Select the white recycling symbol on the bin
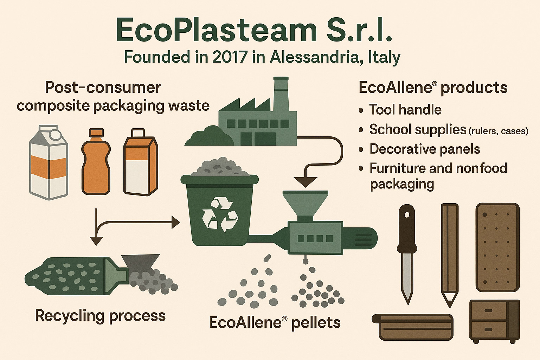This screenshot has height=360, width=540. coord(220,214)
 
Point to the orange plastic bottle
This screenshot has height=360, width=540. coord(96,162)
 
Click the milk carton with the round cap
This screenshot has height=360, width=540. coord(49,162)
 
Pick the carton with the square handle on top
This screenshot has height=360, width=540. coord(141,162)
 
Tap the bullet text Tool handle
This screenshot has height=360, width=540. coord(405,110)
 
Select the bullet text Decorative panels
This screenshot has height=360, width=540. coord(425,149)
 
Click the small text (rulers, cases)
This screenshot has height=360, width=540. coord(498,131)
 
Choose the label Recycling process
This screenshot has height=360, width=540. coord(100,316)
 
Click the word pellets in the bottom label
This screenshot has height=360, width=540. coord(316,323)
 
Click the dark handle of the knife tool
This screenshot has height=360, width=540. coord(407,229)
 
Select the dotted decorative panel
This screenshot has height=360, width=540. coord(497,247)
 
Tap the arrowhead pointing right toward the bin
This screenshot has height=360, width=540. coord(176,222)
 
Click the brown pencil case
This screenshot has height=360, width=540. coord(413,327)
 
